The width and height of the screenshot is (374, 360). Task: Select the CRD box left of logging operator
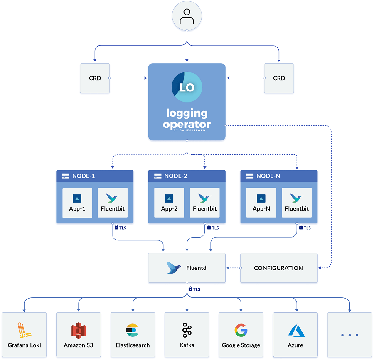(95, 78)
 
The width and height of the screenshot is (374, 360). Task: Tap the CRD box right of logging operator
(279, 78)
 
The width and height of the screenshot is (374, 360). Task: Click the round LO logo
(187, 87)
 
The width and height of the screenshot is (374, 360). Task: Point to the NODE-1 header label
(84, 176)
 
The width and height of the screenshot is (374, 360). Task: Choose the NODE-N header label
(268, 176)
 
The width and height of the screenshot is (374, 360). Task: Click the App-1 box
(77, 203)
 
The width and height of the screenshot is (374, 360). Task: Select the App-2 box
(169, 203)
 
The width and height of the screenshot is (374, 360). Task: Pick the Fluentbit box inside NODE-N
(297, 203)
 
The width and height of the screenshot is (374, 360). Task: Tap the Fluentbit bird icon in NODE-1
(113, 198)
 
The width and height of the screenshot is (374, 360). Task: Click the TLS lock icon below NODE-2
(209, 228)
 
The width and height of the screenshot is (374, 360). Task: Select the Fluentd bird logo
(174, 268)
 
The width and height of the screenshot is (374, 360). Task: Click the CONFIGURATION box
(279, 268)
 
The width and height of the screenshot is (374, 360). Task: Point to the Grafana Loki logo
(24, 331)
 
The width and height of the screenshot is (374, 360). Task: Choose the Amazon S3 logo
(79, 331)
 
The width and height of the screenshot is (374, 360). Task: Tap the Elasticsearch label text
(133, 345)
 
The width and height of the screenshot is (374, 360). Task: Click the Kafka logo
(187, 331)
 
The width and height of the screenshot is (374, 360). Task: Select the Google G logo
(241, 331)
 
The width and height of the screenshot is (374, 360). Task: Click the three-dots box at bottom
(349, 335)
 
